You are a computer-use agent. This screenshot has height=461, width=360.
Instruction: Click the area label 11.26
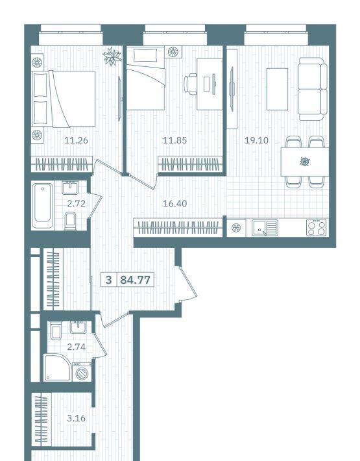click(76, 140)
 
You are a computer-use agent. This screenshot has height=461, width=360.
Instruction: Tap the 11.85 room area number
click(174, 140)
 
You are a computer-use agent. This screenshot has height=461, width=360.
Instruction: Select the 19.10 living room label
click(257, 140)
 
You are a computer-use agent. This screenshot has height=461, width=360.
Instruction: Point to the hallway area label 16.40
click(174, 203)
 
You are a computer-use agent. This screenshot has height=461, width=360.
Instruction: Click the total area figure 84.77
click(136, 280)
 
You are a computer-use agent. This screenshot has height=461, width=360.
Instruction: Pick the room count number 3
click(108, 280)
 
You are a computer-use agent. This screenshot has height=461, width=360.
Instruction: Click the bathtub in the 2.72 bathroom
click(43, 206)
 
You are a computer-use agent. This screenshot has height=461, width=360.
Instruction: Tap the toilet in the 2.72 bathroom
click(70, 221)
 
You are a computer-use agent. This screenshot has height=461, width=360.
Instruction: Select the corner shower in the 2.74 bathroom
click(58, 368)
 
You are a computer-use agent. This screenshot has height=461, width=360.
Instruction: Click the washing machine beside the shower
click(82, 372)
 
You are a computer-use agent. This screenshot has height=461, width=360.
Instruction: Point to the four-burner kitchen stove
click(317, 228)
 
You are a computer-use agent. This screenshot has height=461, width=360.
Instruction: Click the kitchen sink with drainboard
click(265, 228)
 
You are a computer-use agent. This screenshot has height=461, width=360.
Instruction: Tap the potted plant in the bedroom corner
click(112, 56)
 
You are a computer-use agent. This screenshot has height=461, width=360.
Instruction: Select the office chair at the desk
click(191, 84)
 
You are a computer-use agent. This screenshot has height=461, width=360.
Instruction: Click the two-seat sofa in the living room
click(313, 89)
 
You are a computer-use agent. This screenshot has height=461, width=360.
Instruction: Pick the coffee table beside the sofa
click(277, 89)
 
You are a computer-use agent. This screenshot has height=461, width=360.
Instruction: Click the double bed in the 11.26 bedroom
click(64, 99)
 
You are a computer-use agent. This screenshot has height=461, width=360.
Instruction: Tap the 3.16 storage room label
click(76, 418)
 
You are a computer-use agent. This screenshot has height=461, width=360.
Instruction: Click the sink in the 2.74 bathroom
click(78, 327)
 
